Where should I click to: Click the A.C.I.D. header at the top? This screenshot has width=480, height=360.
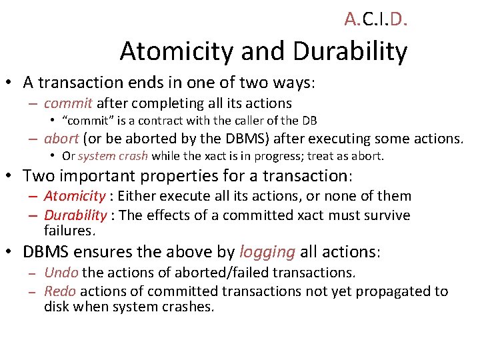(376, 19)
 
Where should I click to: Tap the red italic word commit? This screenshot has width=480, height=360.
(69, 103)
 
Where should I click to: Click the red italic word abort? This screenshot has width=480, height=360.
(61, 139)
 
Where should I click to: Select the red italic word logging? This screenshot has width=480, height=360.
(267, 252)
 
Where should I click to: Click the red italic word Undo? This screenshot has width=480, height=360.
(61, 273)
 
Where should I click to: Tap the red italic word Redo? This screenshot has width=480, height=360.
(60, 291)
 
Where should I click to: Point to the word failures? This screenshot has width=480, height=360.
(70, 231)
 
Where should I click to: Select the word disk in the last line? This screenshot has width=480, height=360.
(55, 307)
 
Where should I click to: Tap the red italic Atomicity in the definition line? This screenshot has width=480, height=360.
(75, 196)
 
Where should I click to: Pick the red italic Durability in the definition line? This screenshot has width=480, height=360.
(75, 215)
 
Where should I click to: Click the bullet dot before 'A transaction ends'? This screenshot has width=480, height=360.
(11, 83)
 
